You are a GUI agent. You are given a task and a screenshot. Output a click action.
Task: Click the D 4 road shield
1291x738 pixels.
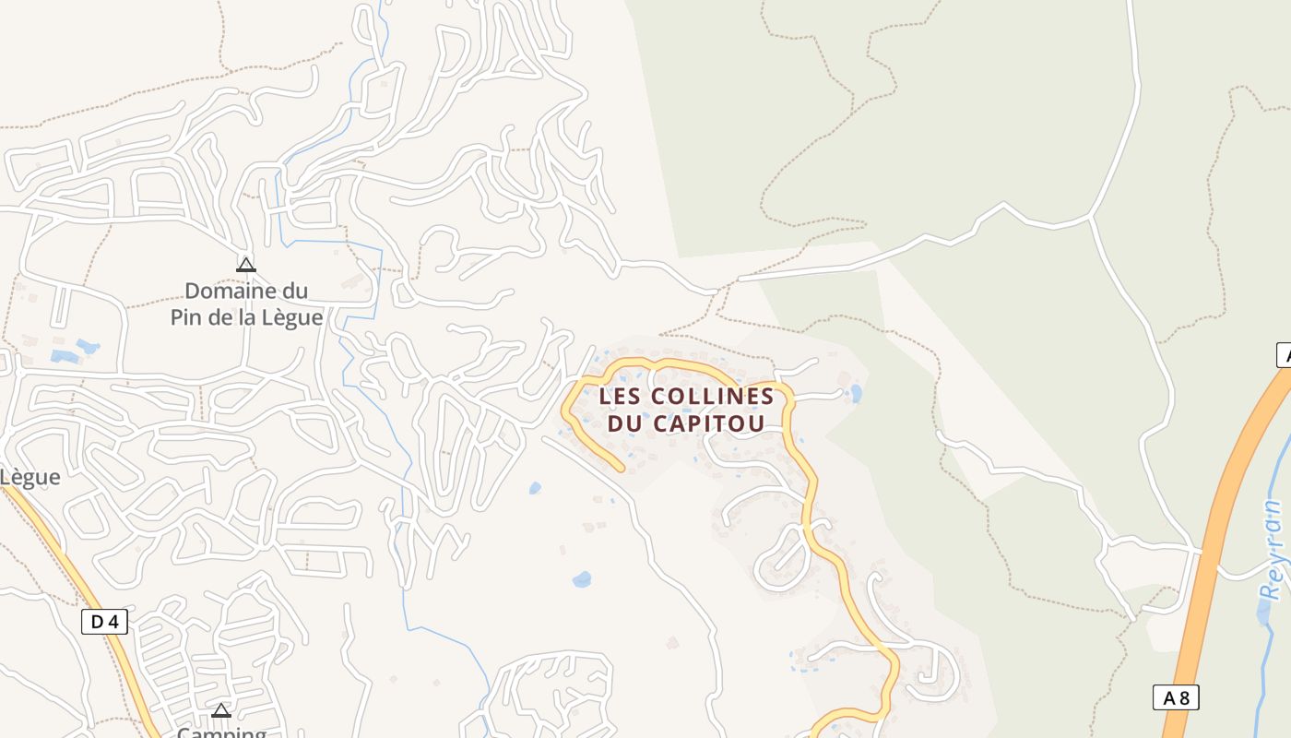pyautogui.click(x=105, y=622)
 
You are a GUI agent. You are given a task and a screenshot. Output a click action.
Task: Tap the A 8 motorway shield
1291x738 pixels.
pyautogui.click(x=1176, y=697)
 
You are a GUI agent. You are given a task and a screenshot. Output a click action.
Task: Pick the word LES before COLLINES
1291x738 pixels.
pyautogui.click(x=621, y=396)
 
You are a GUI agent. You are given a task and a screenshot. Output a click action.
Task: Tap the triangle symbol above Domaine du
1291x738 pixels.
pyautogui.click(x=245, y=266)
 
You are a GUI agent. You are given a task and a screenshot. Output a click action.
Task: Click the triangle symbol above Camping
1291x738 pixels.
pyautogui.click(x=220, y=711)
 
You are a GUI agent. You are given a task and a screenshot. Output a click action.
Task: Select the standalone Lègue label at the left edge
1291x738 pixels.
pyautogui.click(x=30, y=477)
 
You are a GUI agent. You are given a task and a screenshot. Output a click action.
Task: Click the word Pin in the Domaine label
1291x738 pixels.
pyautogui.click(x=187, y=317)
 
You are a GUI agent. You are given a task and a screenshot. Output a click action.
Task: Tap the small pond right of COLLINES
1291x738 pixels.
pyautogui.click(x=857, y=394)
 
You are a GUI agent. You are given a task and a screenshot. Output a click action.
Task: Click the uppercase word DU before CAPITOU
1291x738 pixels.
pyautogui.click(x=624, y=424)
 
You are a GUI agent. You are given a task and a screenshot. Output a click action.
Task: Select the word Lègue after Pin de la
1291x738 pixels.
pyautogui.click(x=291, y=317)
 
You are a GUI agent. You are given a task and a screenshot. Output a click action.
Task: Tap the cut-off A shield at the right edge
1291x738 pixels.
pyautogui.click(x=1283, y=355)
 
